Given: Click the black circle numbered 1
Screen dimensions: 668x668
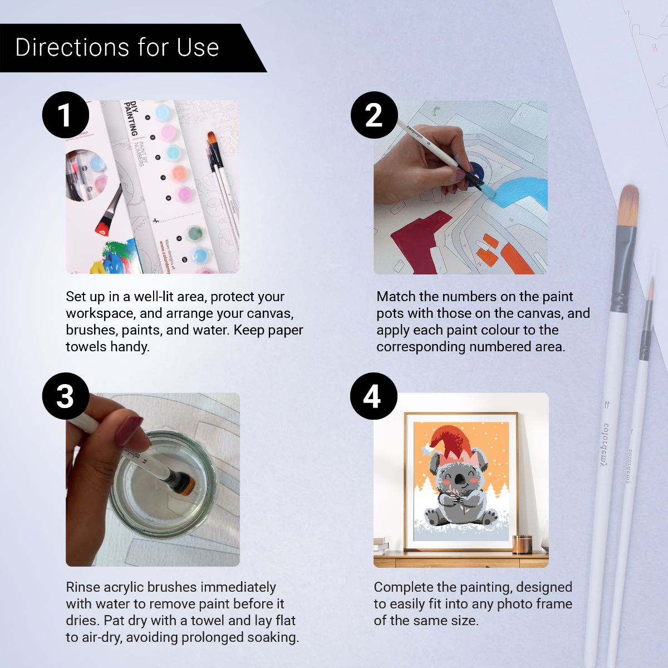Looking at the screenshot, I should pos(66,115).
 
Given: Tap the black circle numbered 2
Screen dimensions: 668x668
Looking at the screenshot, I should pos(374,115).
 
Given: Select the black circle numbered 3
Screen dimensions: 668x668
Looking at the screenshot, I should pos(66,396).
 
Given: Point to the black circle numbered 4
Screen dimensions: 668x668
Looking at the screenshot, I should pos(373,396).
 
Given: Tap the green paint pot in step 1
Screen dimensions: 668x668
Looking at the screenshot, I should pos(194,233).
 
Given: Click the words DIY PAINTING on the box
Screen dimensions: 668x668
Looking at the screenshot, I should pos(132,118).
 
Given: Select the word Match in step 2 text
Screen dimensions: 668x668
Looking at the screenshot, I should pos(396,297).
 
